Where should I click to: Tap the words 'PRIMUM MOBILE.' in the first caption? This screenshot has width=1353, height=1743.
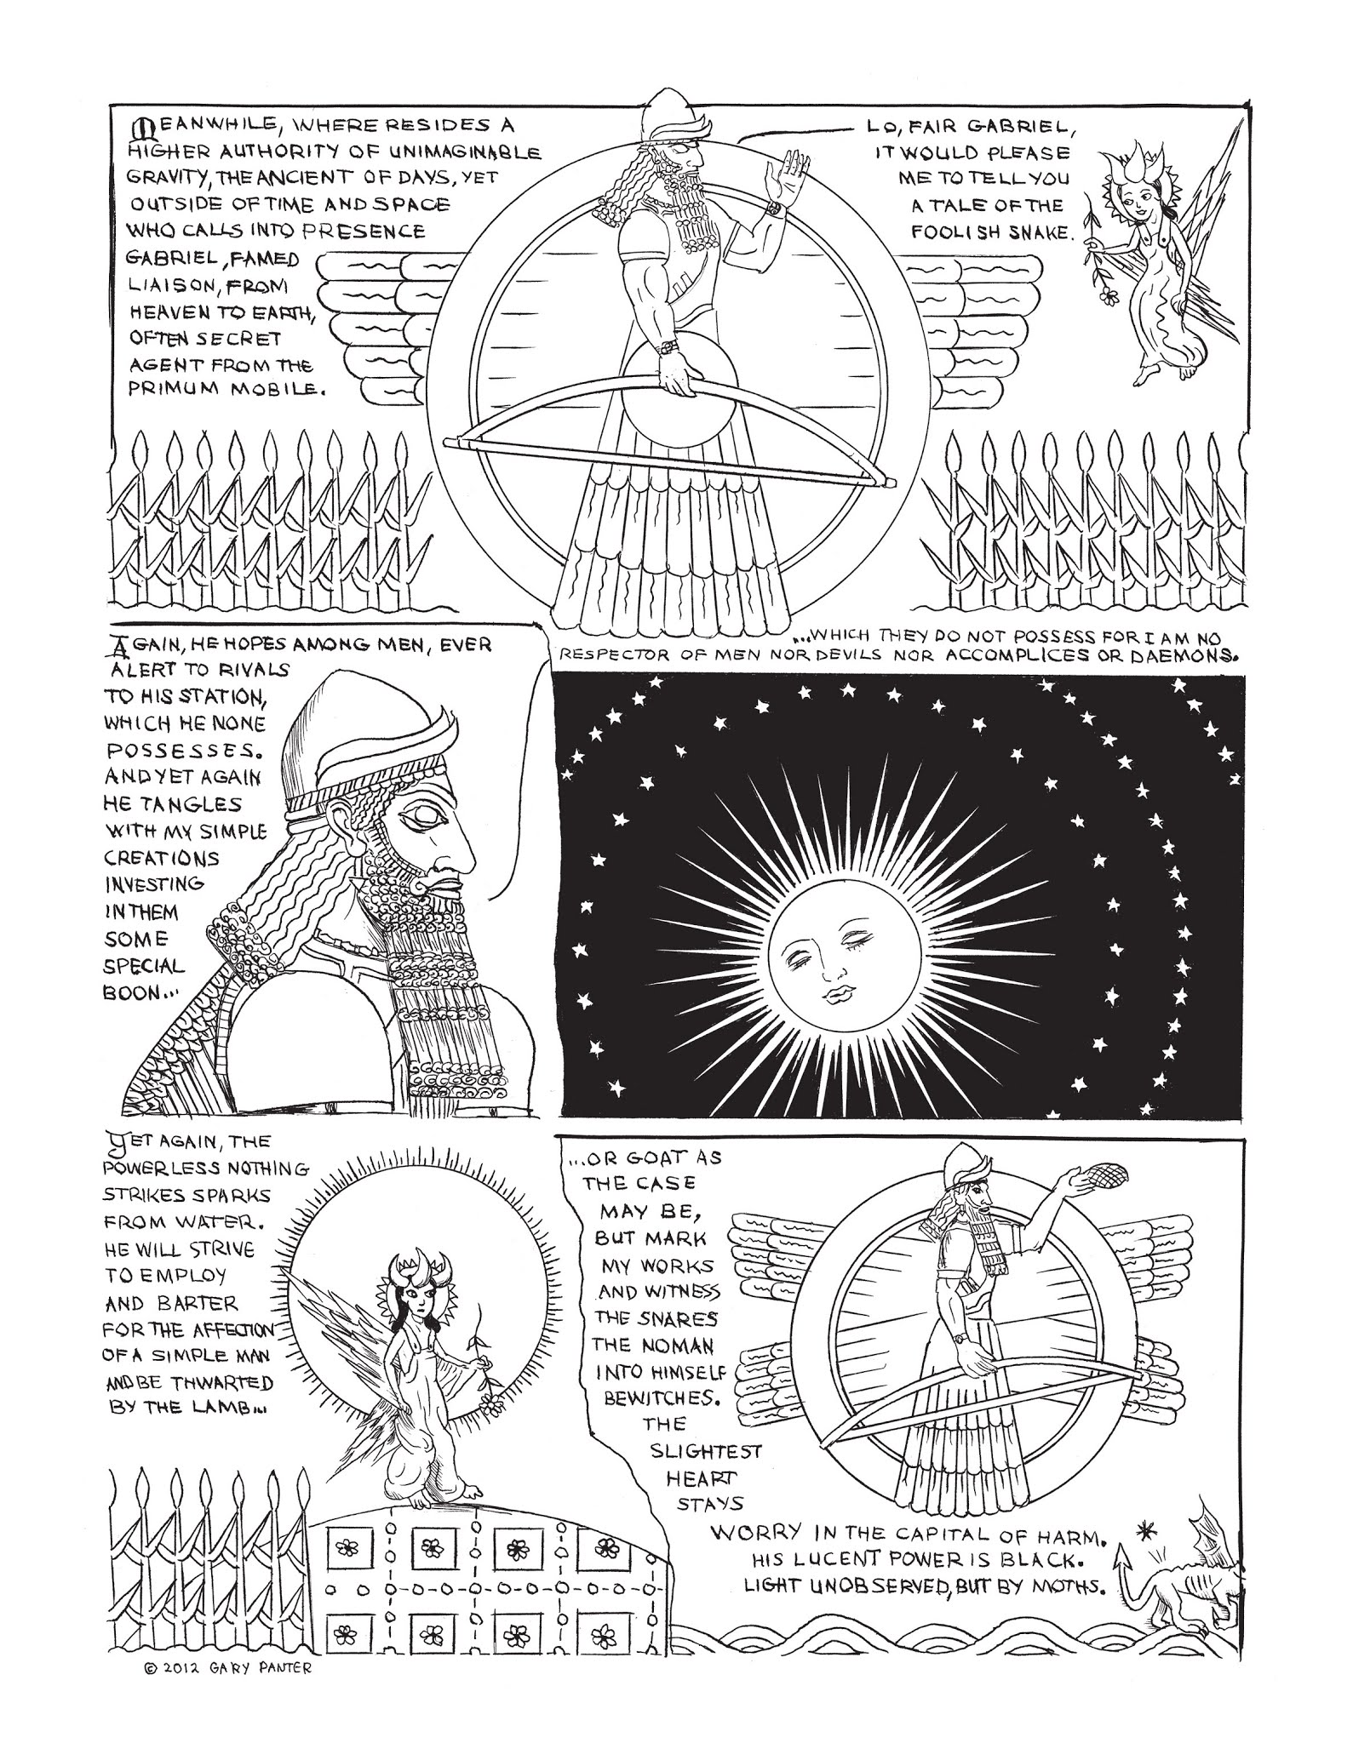(226, 392)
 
